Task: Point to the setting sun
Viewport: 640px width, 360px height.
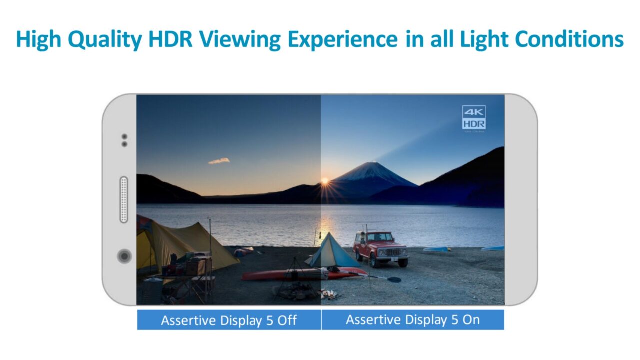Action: (325, 181)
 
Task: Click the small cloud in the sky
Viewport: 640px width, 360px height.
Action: (219, 161)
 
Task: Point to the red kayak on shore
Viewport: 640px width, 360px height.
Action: (300, 274)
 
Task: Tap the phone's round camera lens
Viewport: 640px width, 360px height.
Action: (124, 256)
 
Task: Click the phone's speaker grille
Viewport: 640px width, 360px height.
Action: (124, 199)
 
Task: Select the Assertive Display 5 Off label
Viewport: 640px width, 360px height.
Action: (229, 320)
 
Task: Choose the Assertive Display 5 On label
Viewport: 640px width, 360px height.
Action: (413, 320)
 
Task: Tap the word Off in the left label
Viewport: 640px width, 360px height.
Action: (287, 320)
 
